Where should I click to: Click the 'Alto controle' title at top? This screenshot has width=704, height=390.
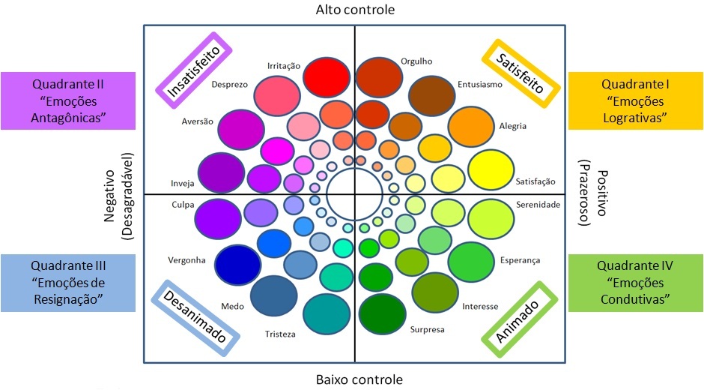(x=356, y=10)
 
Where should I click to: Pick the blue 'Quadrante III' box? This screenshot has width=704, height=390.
(x=68, y=282)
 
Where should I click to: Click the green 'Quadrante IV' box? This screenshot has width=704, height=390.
(x=635, y=282)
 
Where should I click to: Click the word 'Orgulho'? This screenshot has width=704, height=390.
(x=416, y=61)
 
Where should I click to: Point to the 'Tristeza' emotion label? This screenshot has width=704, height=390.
(x=280, y=334)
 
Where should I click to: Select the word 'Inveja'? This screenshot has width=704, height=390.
(x=183, y=183)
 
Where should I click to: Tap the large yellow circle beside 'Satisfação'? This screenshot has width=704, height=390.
(x=490, y=172)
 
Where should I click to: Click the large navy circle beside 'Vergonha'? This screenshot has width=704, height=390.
(x=237, y=262)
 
